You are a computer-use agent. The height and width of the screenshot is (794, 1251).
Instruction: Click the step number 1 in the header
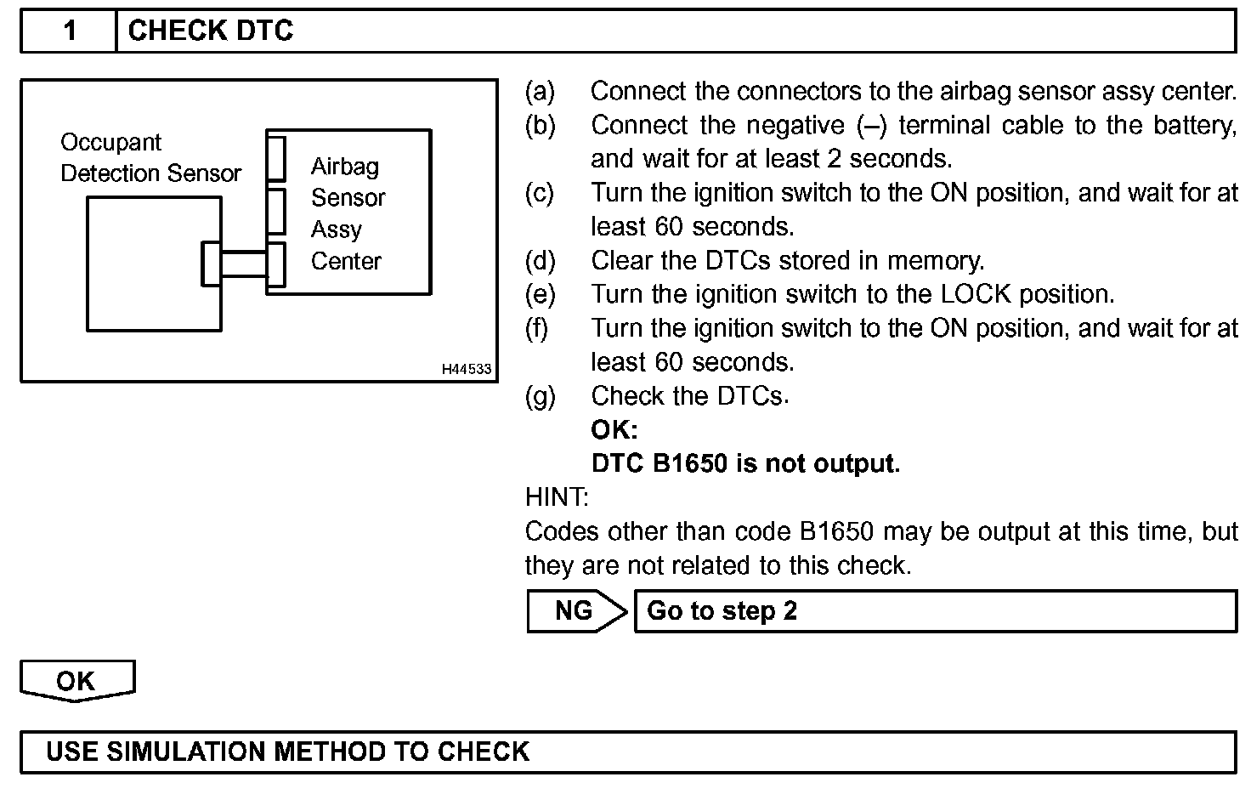[70, 30]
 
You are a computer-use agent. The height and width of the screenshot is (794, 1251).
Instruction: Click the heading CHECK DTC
[211, 30]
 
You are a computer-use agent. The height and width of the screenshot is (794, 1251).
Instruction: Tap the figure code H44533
[467, 369]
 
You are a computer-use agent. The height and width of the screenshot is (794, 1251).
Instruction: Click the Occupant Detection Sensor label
[150, 157]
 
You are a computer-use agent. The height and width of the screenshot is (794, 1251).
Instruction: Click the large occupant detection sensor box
[154, 264]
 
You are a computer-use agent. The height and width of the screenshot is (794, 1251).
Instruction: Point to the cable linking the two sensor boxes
[244, 264]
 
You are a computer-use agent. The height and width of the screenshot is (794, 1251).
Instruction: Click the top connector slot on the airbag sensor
[276, 159]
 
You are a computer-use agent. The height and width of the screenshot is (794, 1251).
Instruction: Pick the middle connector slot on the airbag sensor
[276, 212]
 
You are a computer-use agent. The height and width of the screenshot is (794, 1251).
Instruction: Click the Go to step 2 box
[936, 610]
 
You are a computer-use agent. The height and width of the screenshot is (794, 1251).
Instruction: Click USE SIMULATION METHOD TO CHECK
[287, 751]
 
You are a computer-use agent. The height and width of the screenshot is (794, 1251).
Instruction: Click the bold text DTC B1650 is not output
[745, 463]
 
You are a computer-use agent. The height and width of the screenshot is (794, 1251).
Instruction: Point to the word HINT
[557, 496]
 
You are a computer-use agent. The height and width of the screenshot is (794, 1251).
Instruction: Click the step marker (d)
[540, 261]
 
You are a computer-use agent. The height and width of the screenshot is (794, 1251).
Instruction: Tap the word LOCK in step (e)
[976, 294]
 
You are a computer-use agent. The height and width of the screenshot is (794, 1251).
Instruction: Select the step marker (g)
[540, 397]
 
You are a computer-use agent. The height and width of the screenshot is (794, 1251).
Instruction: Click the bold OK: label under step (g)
[614, 429]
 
